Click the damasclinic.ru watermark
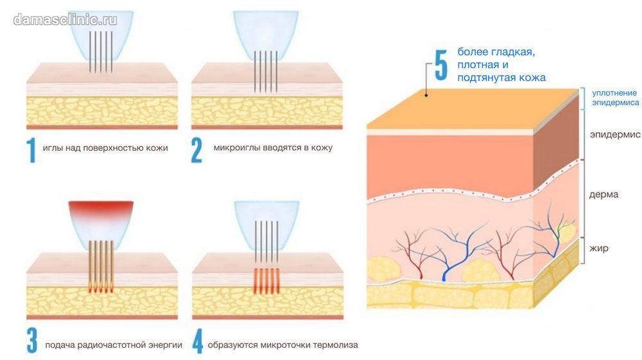point(65,19)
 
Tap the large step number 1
point(31,150)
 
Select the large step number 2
point(196,150)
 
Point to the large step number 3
point(32,340)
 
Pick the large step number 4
point(198,341)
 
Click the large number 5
point(441,65)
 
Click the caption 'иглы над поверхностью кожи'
point(105,148)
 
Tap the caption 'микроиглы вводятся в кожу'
point(273,148)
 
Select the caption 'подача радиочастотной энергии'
point(114,345)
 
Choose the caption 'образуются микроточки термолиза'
point(282,345)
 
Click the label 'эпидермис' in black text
point(615,135)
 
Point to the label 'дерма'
point(603,194)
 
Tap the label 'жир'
point(598,248)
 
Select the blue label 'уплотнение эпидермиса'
point(616,98)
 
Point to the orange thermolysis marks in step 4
point(266,281)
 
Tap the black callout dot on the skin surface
point(426,96)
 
